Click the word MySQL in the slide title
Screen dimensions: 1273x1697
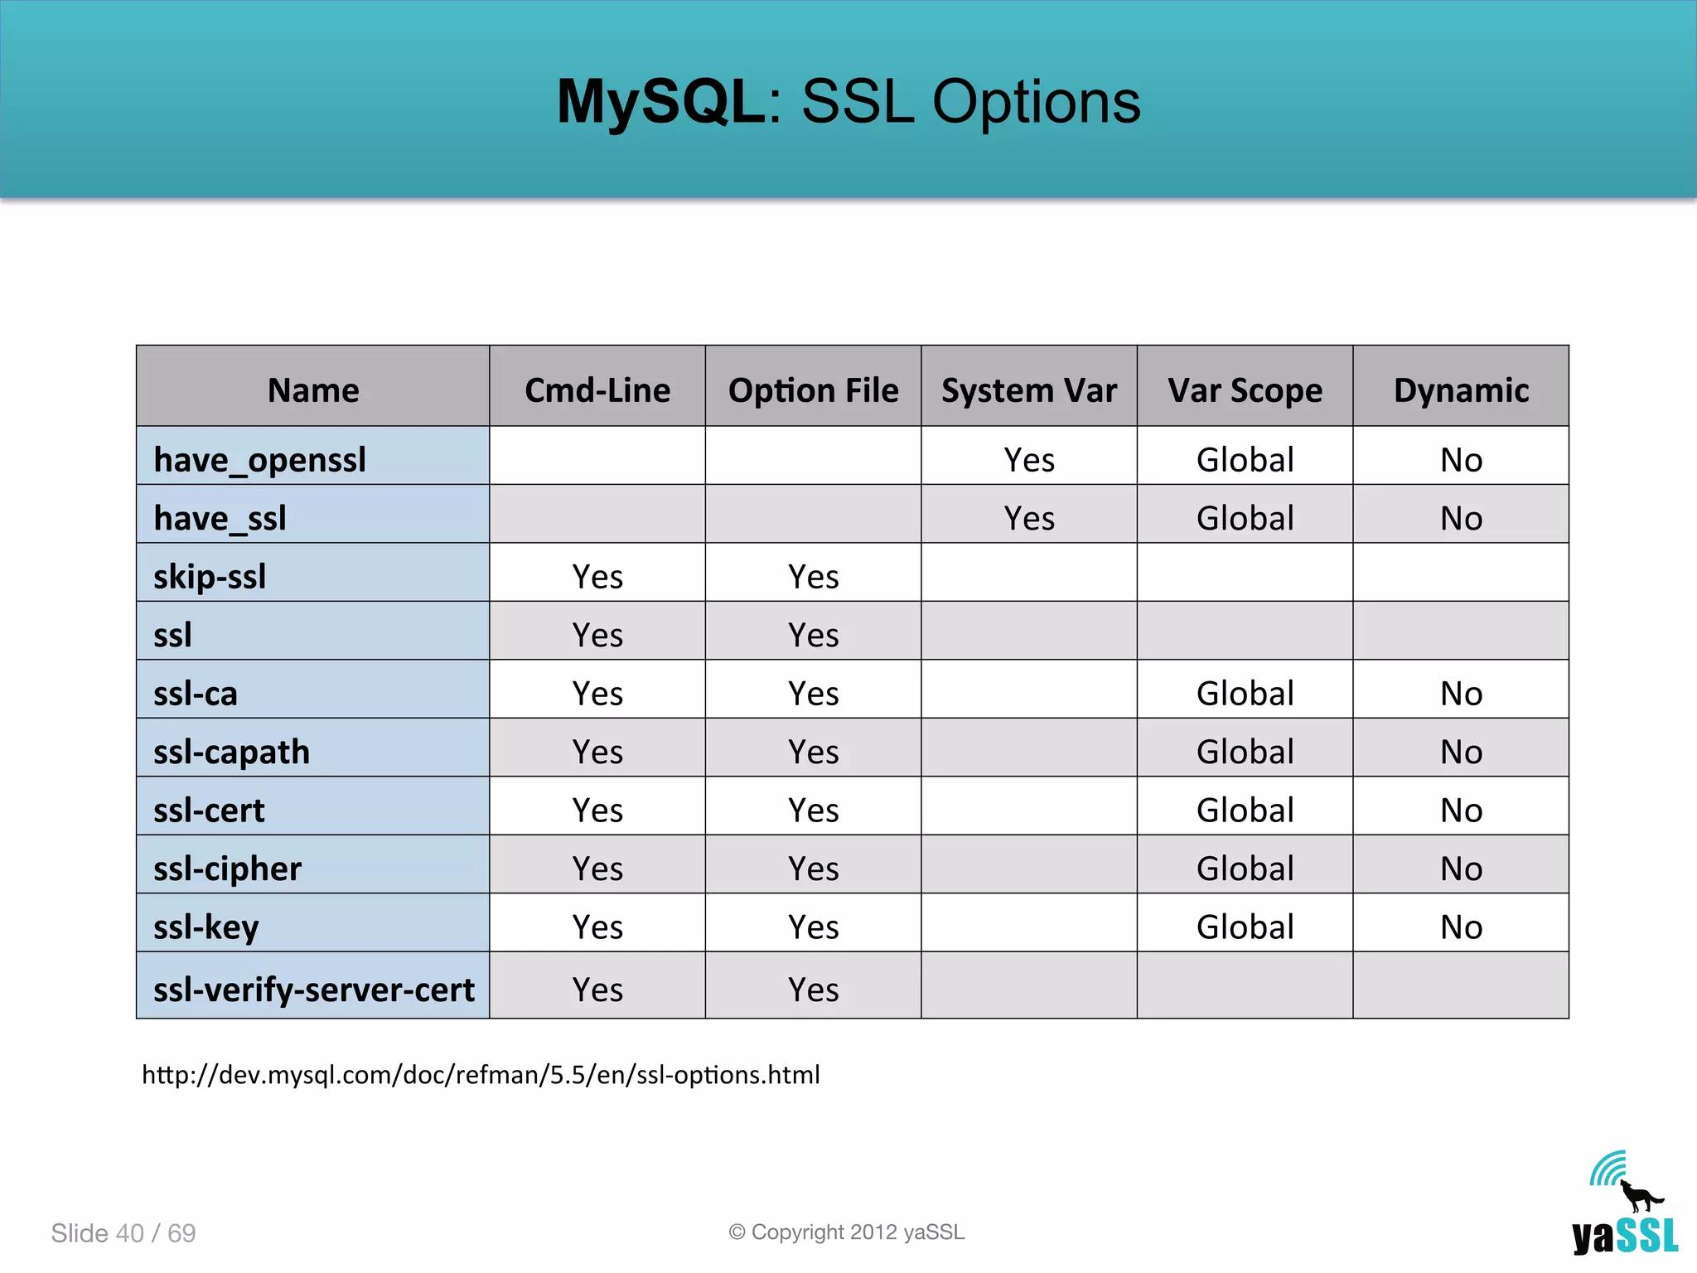[660, 102]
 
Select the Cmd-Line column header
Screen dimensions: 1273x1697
[597, 390]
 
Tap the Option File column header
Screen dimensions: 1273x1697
[813, 390]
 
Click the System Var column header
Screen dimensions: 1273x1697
[1028, 390]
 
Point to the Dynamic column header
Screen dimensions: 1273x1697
[1461, 390]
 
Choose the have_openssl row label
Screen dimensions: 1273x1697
[259, 460]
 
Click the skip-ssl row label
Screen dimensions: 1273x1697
[210, 577]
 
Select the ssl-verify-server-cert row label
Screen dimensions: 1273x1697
[313, 990]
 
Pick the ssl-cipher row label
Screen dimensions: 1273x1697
[227, 869]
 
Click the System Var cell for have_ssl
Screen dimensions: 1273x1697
[1029, 519]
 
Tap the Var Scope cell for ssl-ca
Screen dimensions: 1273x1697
[1245, 694]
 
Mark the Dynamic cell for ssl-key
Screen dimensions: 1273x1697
[1461, 927]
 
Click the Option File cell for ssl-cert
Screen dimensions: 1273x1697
[813, 811]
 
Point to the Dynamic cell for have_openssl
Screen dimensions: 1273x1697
[1461, 460]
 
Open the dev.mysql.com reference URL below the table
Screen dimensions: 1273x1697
[481, 1075]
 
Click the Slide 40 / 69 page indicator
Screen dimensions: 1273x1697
[123, 1233]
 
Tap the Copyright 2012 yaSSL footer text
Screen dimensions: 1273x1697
[846, 1232]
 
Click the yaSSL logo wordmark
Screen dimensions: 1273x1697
[1625, 1237]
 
